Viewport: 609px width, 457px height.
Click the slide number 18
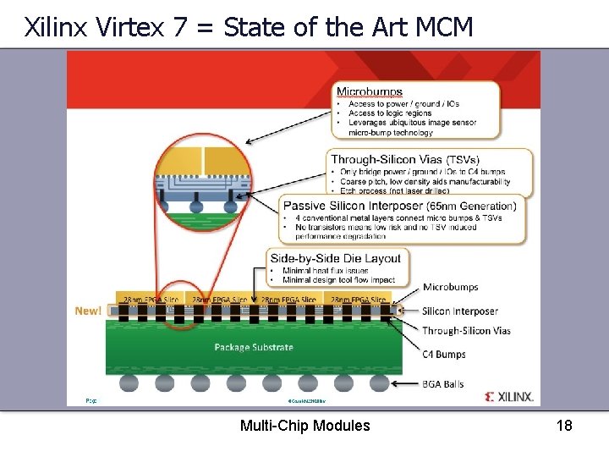[x=564, y=425]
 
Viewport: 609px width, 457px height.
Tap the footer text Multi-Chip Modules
[x=304, y=425]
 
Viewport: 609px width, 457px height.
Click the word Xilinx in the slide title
[x=56, y=27]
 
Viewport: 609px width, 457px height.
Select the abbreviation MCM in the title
[x=445, y=27]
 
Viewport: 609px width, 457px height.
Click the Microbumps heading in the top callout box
[x=370, y=91]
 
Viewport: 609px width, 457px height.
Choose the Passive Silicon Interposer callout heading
[x=399, y=206]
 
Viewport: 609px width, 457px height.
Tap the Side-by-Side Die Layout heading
[x=336, y=257]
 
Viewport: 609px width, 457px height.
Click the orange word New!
[x=88, y=311]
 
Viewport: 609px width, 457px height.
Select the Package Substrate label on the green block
[x=254, y=347]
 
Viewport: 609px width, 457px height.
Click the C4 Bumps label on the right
[x=445, y=355]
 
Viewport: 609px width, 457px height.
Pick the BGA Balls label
[x=443, y=383]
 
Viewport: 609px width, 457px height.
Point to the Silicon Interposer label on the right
[x=461, y=311]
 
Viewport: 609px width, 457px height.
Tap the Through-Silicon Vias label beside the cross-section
[x=467, y=331]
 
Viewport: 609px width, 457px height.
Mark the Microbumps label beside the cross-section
[x=451, y=288]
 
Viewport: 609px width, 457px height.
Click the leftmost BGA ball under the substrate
[x=129, y=383]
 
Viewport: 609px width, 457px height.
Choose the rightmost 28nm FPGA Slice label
[x=359, y=300]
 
